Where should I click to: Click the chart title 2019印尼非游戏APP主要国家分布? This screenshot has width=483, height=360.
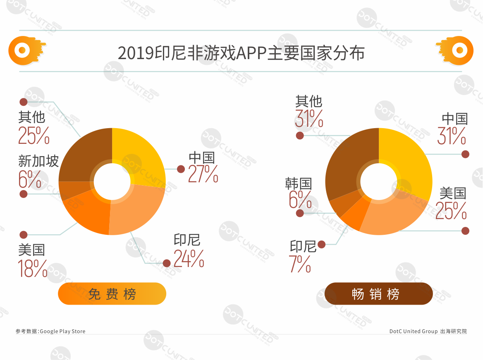tap(241, 53)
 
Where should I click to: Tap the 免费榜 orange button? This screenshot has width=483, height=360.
tap(112, 294)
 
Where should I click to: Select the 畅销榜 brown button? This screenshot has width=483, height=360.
tap(378, 294)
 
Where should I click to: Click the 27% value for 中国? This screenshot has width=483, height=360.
tap(203, 174)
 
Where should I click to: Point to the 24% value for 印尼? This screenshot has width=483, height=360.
tap(189, 258)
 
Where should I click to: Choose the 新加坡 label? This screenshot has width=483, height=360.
tap(38, 161)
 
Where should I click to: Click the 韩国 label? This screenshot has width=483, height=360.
tap(298, 184)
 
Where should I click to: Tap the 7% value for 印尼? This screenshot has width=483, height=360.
tap(300, 264)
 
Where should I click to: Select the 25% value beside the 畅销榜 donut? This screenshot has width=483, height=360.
tap(451, 211)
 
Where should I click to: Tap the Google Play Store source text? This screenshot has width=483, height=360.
tap(51, 331)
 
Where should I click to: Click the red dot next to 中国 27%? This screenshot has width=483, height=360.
tap(181, 169)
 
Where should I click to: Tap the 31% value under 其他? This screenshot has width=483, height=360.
tap(309, 119)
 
